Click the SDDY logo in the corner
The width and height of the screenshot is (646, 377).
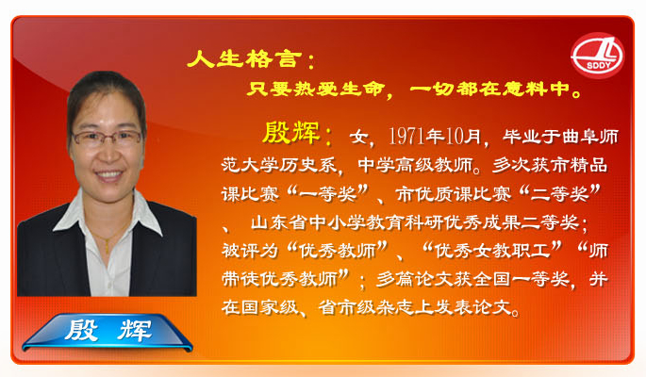click(597, 56)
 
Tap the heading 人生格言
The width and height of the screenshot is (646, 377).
click(242, 58)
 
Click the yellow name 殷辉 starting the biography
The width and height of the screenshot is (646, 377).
click(290, 133)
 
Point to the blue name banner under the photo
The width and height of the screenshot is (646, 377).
click(108, 332)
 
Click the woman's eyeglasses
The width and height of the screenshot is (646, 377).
click(107, 138)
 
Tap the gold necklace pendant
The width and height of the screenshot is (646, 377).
click(108, 247)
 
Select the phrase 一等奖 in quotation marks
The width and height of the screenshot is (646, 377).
click(328, 193)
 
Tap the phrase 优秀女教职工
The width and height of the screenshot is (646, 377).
click(492, 250)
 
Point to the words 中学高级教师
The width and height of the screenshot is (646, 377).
click(414, 165)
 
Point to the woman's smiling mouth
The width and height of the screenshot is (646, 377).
click(108, 174)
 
